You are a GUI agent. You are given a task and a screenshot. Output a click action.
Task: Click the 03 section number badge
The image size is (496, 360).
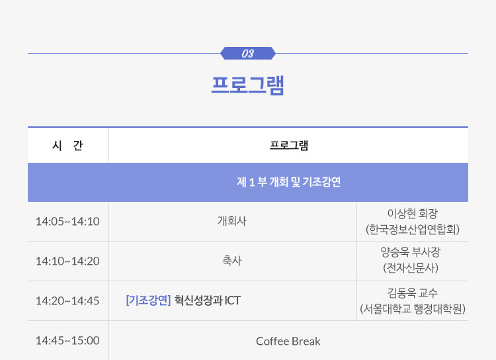(x=248, y=53)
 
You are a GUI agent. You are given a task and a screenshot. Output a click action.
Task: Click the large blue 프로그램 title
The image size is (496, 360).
(x=248, y=85)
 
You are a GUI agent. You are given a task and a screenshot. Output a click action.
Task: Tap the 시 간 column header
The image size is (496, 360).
(x=67, y=146)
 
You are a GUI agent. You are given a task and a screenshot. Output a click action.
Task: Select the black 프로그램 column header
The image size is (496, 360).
(x=289, y=146)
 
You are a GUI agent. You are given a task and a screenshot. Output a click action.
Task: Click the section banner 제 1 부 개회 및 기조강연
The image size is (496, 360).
(x=288, y=182)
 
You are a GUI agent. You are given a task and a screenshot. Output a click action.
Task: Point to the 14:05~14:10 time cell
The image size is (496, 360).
(x=67, y=222)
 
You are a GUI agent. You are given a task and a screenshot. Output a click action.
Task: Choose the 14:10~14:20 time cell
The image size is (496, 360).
(x=67, y=261)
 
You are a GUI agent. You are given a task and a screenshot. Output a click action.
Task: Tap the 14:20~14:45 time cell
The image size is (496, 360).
(x=67, y=301)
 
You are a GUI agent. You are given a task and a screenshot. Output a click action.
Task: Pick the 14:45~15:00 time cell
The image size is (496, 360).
(x=67, y=341)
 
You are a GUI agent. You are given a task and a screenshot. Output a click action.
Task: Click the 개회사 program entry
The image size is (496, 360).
(x=232, y=221)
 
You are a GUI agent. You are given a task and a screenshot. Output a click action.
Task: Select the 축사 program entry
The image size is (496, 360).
(x=232, y=261)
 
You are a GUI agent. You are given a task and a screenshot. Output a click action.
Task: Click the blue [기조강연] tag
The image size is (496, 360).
(x=148, y=300)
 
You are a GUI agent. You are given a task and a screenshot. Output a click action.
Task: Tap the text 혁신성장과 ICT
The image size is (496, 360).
(x=208, y=300)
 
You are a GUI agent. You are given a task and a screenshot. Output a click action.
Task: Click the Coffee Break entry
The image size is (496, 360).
(x=288, y=341)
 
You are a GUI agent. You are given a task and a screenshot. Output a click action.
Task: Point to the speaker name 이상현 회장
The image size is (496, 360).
(x=413, y=213)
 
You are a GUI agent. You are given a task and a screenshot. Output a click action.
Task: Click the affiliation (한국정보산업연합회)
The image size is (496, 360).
(x=413, y=229)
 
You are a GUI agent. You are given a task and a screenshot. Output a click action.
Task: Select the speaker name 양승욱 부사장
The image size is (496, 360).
(x=411, y=252)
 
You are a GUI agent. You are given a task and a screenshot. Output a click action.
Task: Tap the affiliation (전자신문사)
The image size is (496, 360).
(x=411, y=268)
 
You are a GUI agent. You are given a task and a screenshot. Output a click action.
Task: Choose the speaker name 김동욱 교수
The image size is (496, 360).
(x=413, y=293)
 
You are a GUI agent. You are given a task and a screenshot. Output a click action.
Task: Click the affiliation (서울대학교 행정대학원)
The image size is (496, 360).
(x=413, y=308)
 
